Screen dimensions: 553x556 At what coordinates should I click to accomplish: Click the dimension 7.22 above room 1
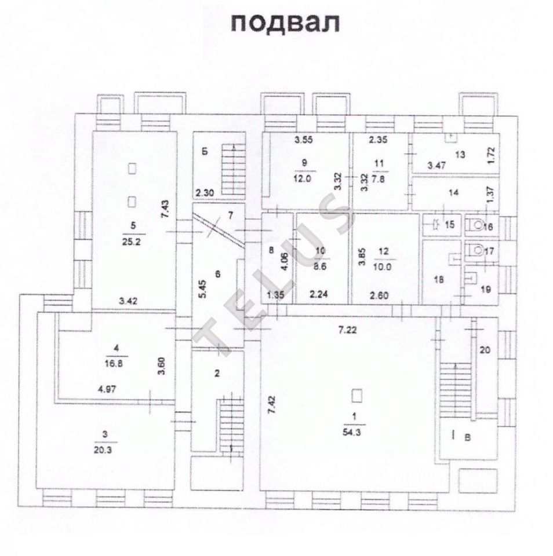click(351, 331)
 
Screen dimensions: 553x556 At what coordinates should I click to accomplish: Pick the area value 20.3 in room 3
click(105, 451)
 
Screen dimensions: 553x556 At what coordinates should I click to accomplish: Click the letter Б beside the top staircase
click(204, 153)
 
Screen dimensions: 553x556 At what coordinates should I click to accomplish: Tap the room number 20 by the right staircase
click(485, 349)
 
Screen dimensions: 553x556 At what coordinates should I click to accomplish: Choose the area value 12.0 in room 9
click(305, 179)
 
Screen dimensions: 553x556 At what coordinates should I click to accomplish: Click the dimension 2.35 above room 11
click(379, 139)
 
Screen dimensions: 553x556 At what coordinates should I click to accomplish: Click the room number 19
click(485, 288)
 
